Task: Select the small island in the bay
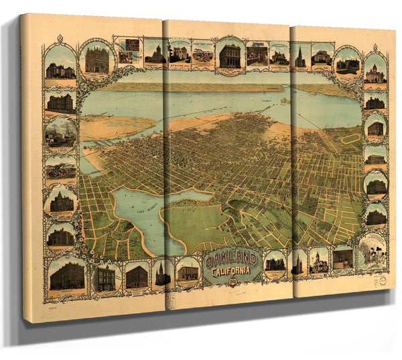pos(285,101)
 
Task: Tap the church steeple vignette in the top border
pos(300,57)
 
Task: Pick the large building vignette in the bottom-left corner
pos(67,275)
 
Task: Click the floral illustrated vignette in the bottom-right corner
pos(372,252)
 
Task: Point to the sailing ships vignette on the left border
pos(60,132)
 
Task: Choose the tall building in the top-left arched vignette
pos(96,60)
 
